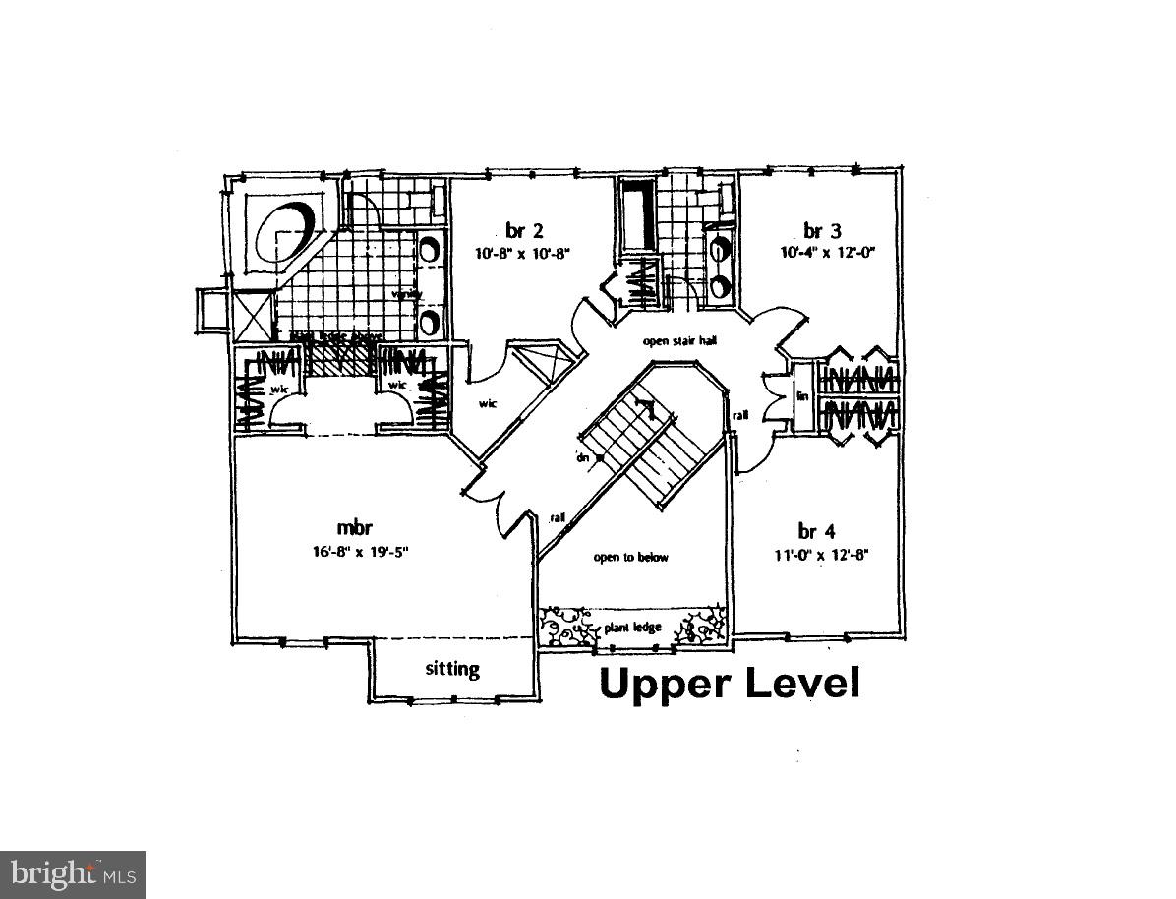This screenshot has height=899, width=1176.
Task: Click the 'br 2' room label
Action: point(524,231)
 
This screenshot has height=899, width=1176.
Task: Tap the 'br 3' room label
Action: point(821,231)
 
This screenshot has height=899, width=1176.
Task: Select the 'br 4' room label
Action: point(810,532)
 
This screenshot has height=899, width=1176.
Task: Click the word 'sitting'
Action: point(452,670)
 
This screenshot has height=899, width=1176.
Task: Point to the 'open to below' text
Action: point(630,558)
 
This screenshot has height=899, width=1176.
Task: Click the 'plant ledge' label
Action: point(633,628)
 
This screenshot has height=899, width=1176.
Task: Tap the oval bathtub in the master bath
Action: point(286,228)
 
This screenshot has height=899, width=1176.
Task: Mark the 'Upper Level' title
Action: point(729,683)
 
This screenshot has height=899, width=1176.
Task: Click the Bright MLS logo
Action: point(72,873)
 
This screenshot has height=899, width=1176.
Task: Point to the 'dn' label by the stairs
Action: point(582,457)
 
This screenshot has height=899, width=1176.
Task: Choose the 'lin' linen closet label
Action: point(801,396)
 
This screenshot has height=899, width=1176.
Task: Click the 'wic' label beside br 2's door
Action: point(487,403)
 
